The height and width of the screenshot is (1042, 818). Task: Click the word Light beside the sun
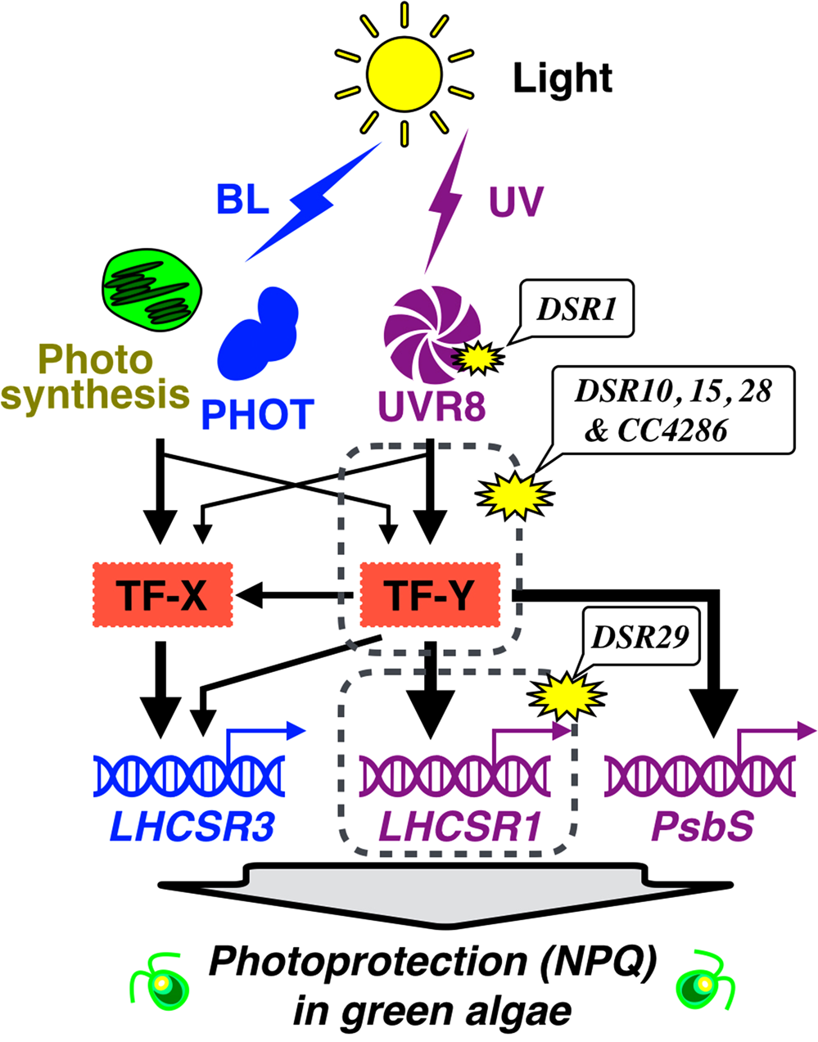point(563,79)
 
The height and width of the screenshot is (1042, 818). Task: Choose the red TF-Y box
point(430,595)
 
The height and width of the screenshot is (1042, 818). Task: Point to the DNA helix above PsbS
point(700,774)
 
